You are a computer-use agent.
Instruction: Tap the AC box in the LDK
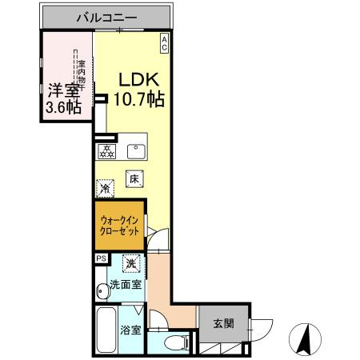163,42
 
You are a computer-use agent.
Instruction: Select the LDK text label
142,80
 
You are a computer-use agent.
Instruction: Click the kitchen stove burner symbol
106,150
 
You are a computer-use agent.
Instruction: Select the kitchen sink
133,150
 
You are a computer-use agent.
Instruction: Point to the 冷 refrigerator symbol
106,189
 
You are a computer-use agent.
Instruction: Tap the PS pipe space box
101,258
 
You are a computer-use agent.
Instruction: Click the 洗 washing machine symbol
130,262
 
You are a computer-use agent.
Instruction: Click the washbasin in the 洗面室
100,291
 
